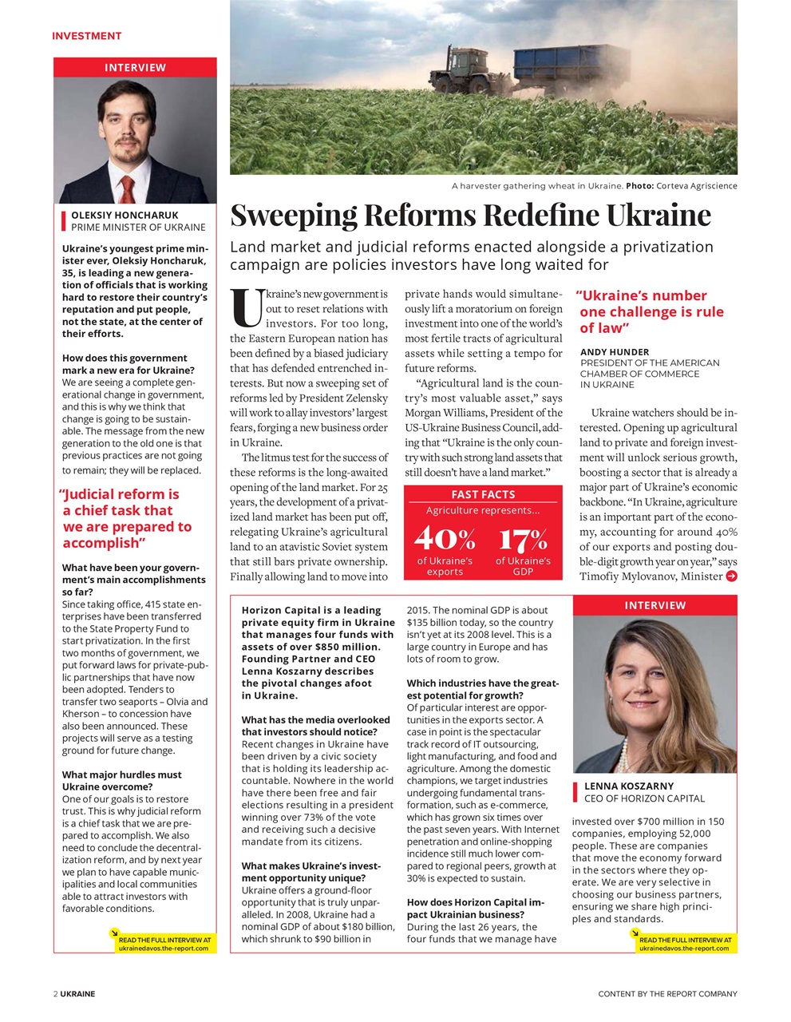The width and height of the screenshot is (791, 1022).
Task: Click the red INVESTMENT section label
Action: (86, 36)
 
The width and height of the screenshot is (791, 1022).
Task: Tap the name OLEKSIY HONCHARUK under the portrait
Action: (125, 215)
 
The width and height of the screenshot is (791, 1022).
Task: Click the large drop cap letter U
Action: (246, 309)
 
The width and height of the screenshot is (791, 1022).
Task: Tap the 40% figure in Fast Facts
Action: (445, 539)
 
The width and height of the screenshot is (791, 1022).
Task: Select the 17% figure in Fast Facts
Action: (523, 539)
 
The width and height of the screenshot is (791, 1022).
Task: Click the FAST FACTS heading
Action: (483, 494)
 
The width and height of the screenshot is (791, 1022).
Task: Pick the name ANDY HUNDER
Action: (615, 352)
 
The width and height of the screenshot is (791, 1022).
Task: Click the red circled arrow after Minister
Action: (731, 576)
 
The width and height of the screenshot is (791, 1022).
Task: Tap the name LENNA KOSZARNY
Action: (629, 786)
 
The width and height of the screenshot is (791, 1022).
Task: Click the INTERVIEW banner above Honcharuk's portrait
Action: (135, 68)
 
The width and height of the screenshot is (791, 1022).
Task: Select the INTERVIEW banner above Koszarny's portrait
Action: (655, 605)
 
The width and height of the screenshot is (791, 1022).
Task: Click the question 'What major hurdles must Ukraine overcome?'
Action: (121, 781)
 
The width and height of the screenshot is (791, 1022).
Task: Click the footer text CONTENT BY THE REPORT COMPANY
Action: (667, 994)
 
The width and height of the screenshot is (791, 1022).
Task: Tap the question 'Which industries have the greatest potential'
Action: (482, 689)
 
